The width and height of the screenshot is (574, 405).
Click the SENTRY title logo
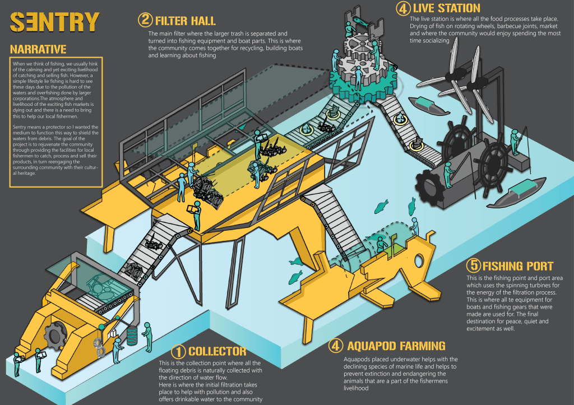[54, 22]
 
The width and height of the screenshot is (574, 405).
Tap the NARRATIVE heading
[38, 49]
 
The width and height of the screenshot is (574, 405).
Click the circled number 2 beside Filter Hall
[145, 21]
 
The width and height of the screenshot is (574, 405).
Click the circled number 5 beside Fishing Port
[473, 266]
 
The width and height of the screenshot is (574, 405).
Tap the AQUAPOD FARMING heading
[396, 346]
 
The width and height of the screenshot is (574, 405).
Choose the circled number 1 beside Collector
[178, 352]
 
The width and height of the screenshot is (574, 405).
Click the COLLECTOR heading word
[217, 352]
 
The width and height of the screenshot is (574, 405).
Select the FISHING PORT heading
[517, 266]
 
